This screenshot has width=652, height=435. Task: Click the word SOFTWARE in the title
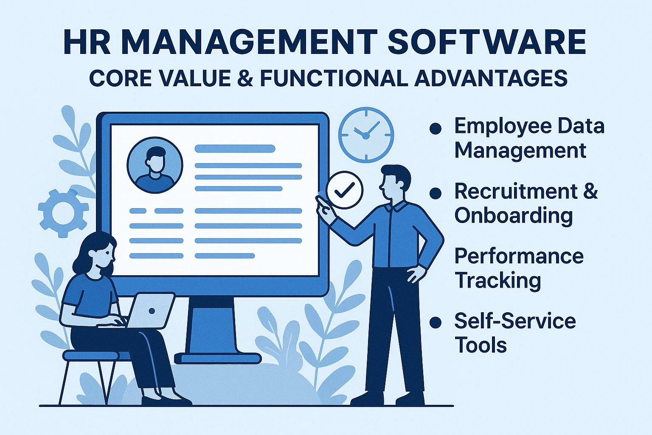click(487, 41)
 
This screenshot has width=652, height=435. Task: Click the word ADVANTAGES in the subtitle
click(491, 78)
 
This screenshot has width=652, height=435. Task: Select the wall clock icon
click(366, 135)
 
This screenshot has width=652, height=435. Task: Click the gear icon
click(63, 213)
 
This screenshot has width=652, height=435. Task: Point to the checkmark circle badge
click(345, 189)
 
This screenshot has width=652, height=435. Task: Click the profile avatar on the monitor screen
click(155, 165)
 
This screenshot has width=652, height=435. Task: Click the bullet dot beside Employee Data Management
click(436, 128)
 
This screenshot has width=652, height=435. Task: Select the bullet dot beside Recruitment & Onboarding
click(436, 193)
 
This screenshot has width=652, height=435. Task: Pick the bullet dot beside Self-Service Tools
click(436, 322)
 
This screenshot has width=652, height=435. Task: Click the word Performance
click(519, 257)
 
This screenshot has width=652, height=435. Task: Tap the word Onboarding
click(514, 216)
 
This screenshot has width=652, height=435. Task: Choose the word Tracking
click(498, 280)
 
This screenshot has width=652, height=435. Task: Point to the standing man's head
click(395, 182)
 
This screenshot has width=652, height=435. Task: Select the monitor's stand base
click(218, 358)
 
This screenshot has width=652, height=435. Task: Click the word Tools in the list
click(481, 345)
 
